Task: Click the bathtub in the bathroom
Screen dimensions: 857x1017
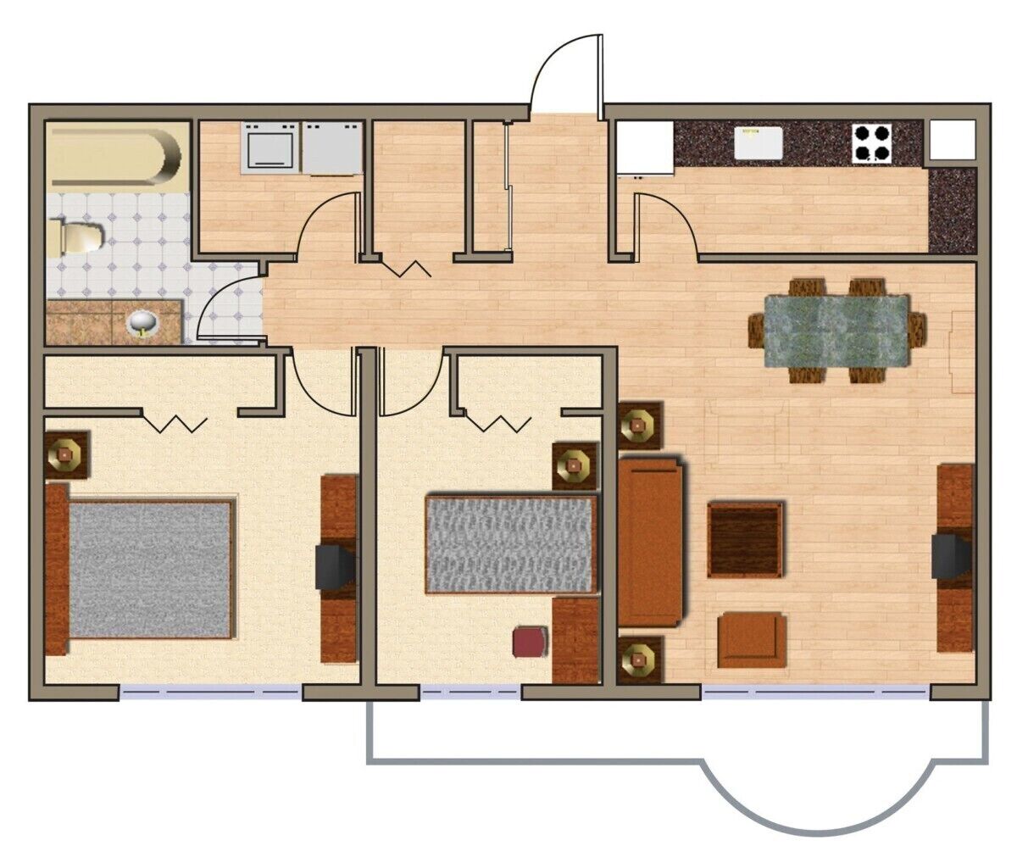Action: pyautogui.click(x=114, y=155)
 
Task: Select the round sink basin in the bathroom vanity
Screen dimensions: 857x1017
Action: pyautogui.click(x=141, y=322)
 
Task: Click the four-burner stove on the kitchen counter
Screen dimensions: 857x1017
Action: pyautogui.click(x=872, y=142)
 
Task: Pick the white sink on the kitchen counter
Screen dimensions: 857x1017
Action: pyautogui.click(x=758, y=142)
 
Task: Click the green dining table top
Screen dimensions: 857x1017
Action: pyautogui.click(x=836, y=330)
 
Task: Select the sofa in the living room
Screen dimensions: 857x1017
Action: pyautogui.click(x=650, y=541)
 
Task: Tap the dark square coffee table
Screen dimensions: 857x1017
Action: pyautogui.click(x=745, y=539)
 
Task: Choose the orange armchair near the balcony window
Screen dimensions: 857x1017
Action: pyautogui.click(x=752, y=640)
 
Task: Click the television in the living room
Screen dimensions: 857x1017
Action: pyautogui.click(x=951, y=556)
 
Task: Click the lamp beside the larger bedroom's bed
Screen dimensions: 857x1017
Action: pyautogui.click(x=65, y=454)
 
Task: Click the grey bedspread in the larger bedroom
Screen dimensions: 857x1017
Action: pyautogui.click(x=149, y=569)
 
